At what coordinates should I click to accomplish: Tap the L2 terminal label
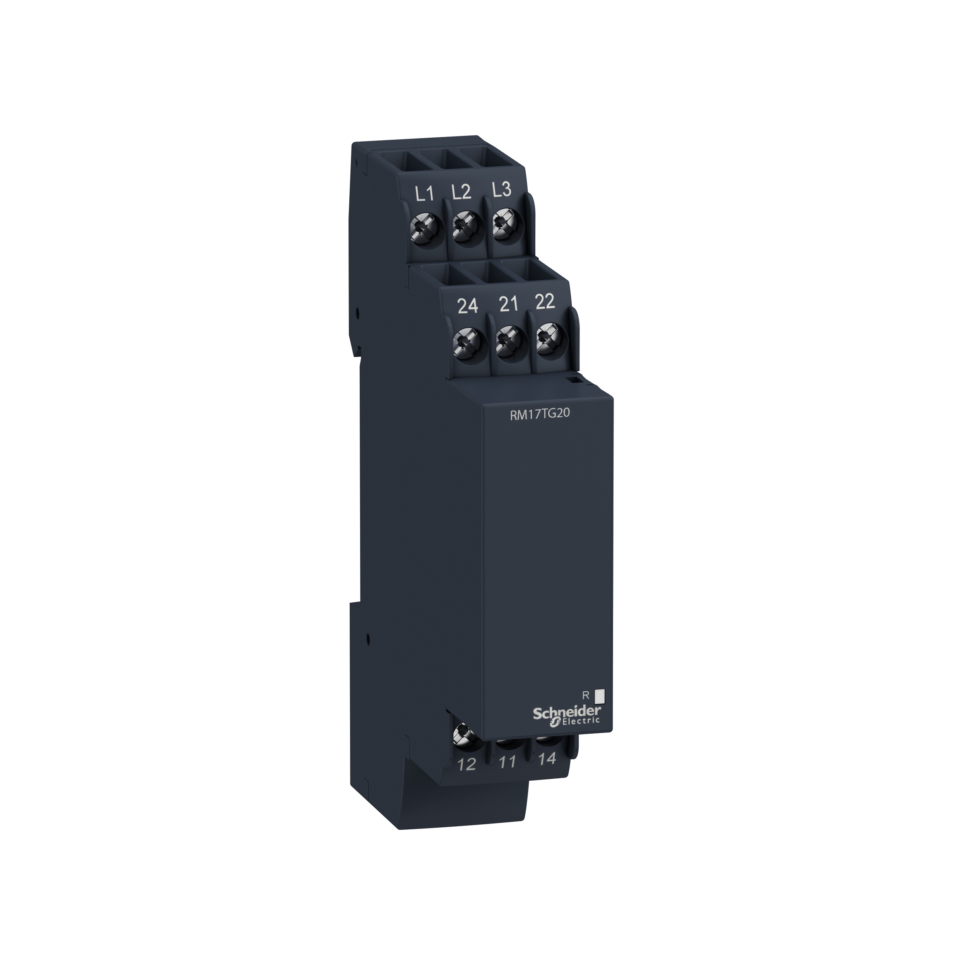point(461,192)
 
